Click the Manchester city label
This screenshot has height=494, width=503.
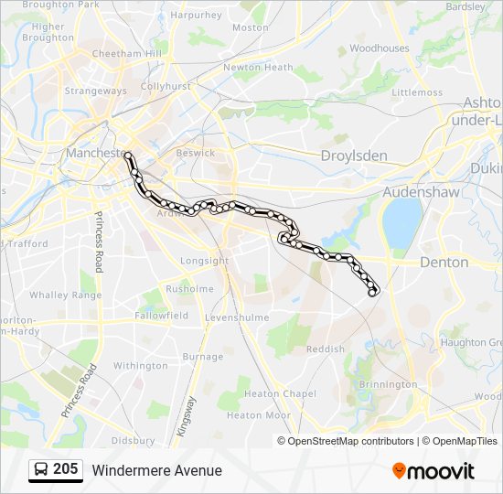(95, 153)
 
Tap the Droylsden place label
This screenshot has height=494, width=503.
(354, 156)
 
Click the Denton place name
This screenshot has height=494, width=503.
(444, 263)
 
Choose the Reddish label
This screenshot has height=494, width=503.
(326, 349)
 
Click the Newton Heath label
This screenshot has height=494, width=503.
(259, 67)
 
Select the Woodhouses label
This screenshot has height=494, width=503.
(379, 48)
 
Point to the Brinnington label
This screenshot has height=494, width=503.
(388, 384)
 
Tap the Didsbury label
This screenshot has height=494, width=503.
(133, 440)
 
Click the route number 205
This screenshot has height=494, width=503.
(65, 469)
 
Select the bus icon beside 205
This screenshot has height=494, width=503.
(42, 470)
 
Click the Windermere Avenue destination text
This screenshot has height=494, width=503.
(156, 470)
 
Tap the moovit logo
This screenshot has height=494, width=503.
(433, 471)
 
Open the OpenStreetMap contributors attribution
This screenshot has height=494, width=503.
(350, 441)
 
